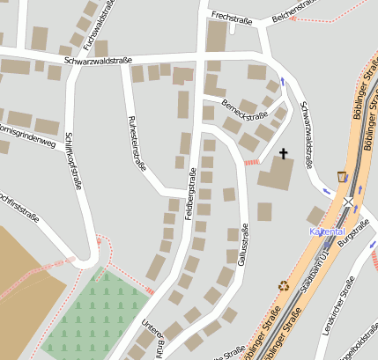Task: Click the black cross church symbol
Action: (284, 154)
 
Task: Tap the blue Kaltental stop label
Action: (325, 231)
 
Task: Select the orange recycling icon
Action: (284, 285)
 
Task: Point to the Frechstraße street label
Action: (233, 17)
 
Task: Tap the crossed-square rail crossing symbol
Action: (348, 202)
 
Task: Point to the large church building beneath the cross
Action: (277, 174)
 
